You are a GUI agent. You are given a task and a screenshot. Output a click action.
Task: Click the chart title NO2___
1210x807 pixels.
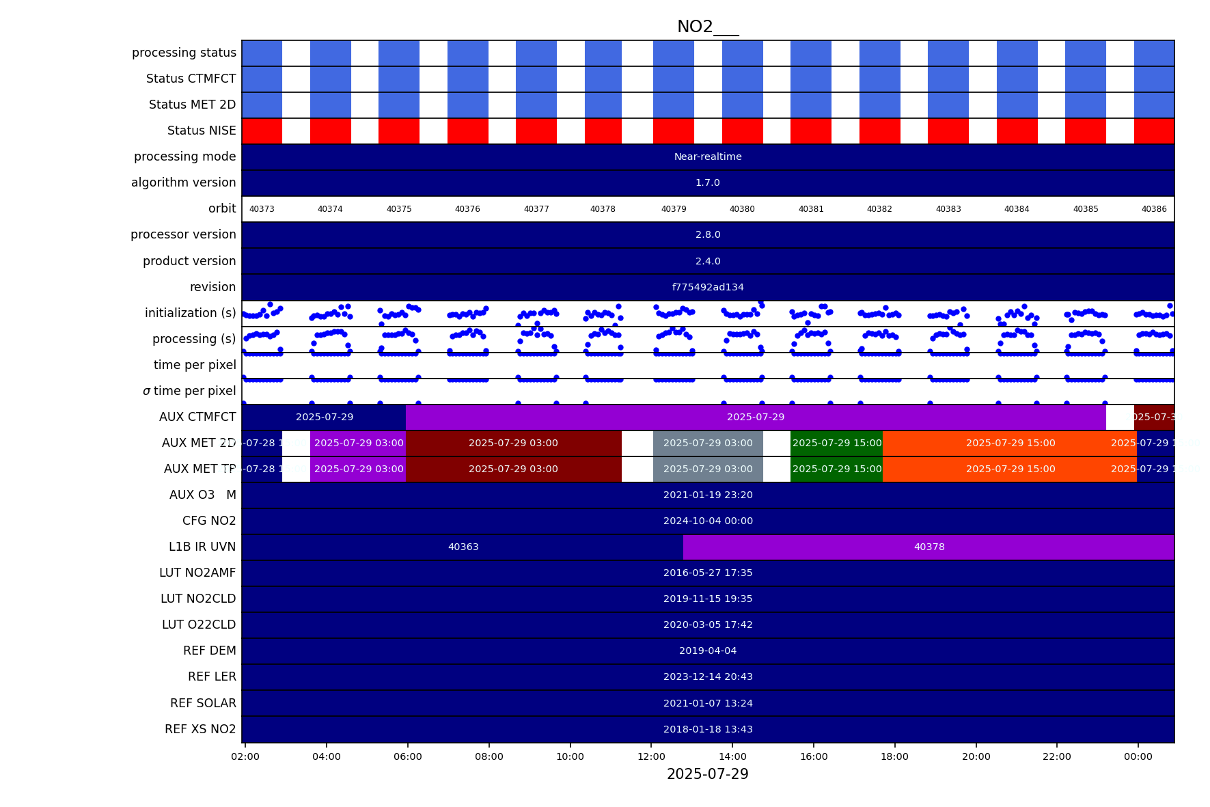[707, 27]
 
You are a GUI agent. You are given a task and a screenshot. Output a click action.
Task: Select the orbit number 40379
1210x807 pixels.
[674, 209]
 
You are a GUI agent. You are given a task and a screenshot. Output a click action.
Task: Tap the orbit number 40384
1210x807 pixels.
[1017, 209]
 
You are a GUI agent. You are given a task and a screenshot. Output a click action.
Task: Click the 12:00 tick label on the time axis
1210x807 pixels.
[651, 756]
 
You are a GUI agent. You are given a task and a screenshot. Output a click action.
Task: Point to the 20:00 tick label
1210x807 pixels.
[976, 756]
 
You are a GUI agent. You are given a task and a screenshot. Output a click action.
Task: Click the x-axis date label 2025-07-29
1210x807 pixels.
[707, 774]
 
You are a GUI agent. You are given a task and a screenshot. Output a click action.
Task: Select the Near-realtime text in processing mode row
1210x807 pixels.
[708, 156]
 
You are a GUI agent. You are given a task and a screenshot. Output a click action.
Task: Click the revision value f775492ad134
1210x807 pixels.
[708, 287]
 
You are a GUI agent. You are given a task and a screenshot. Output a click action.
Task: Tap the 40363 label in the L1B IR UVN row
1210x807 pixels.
[463, 547]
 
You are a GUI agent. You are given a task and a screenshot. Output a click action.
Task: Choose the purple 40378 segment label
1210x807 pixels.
[929, 547]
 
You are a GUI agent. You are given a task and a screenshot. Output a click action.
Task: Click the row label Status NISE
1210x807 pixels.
[202, 131]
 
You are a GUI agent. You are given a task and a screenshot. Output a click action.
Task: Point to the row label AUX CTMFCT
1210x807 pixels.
[197, 417]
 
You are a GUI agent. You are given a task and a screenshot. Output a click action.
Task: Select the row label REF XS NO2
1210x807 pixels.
[200, 729]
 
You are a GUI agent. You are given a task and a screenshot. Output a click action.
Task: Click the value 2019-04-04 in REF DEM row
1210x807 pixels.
[708, 651]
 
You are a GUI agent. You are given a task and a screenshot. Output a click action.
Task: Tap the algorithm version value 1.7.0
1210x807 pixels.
[708, 182]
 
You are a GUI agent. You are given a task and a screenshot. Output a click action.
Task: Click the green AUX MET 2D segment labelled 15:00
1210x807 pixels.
[836, 443]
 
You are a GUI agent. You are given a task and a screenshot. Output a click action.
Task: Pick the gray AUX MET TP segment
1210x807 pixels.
[708, 469]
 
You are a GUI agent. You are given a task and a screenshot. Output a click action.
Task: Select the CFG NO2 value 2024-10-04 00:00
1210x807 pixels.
[708, 521]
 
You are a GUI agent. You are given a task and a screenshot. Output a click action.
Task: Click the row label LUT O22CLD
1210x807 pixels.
[198, 625]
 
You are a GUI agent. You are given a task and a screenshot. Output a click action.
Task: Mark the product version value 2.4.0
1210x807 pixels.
[708, 261]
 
